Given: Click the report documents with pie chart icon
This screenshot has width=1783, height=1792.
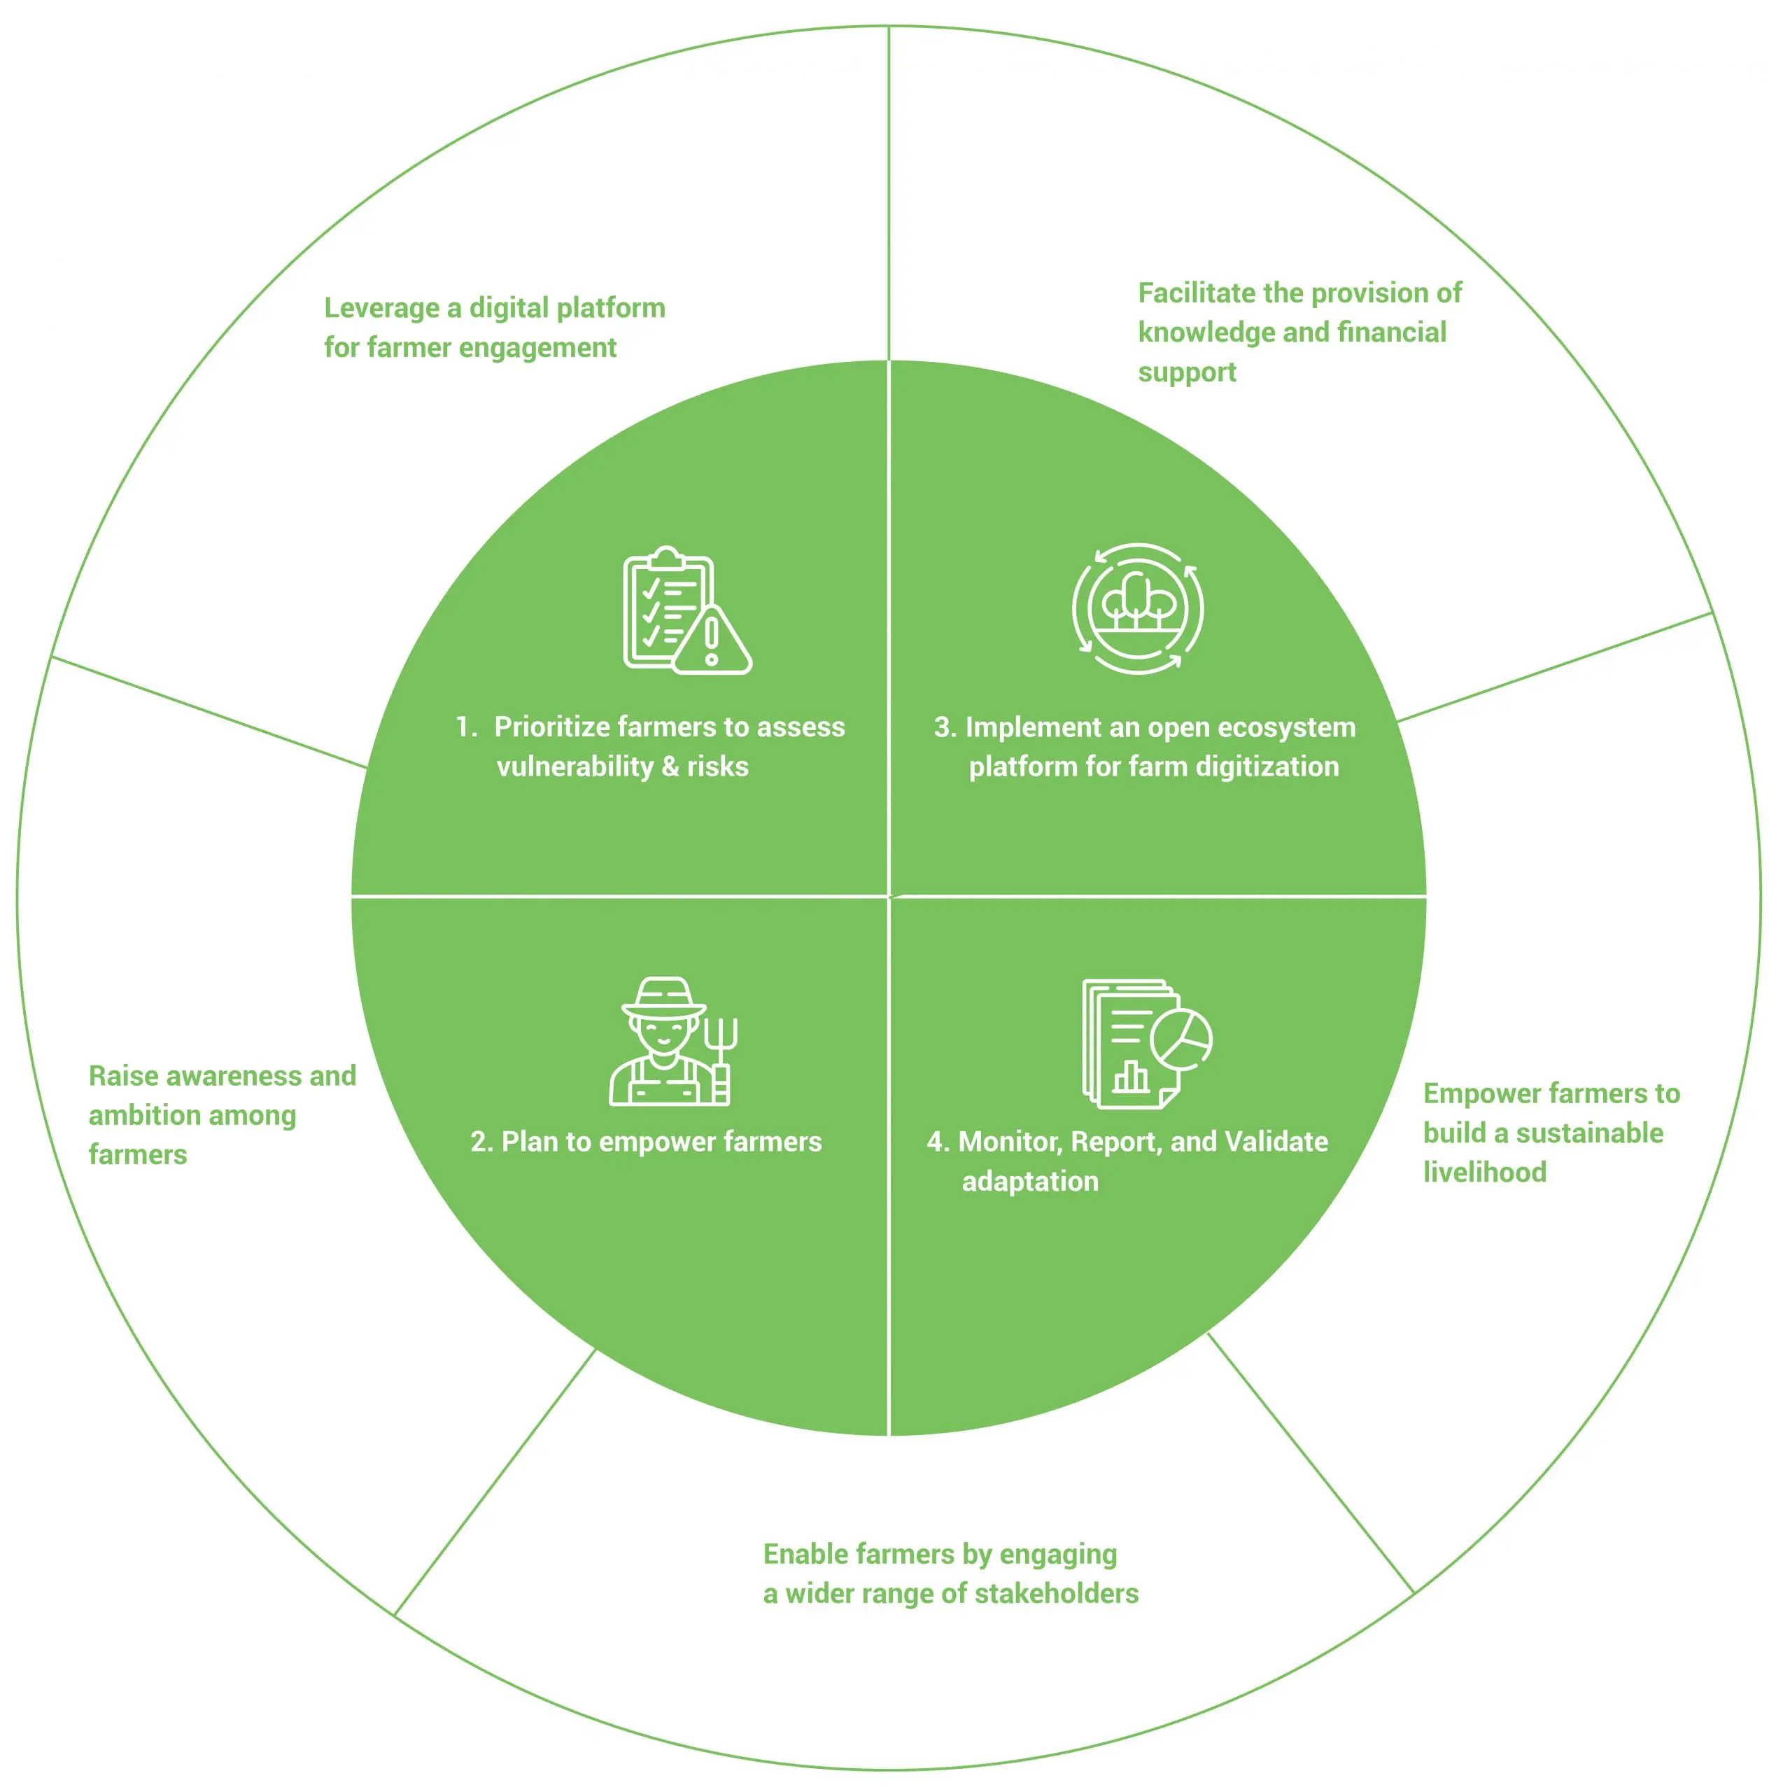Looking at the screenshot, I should [x=1145, y=1044].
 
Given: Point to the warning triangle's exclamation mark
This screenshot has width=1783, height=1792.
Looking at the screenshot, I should [x=711, y=641].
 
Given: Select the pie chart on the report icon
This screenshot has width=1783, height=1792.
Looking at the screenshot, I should [x=1181, y=1039].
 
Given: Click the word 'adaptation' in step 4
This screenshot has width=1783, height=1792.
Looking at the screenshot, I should [x=1029, y=1182].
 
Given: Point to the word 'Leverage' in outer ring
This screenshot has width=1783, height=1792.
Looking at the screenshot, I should [x=381, y=309].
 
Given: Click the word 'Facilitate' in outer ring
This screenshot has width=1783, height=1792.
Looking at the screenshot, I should [x=1196, y=294].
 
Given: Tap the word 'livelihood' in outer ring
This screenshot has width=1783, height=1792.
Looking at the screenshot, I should [x=1484, y=1172].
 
